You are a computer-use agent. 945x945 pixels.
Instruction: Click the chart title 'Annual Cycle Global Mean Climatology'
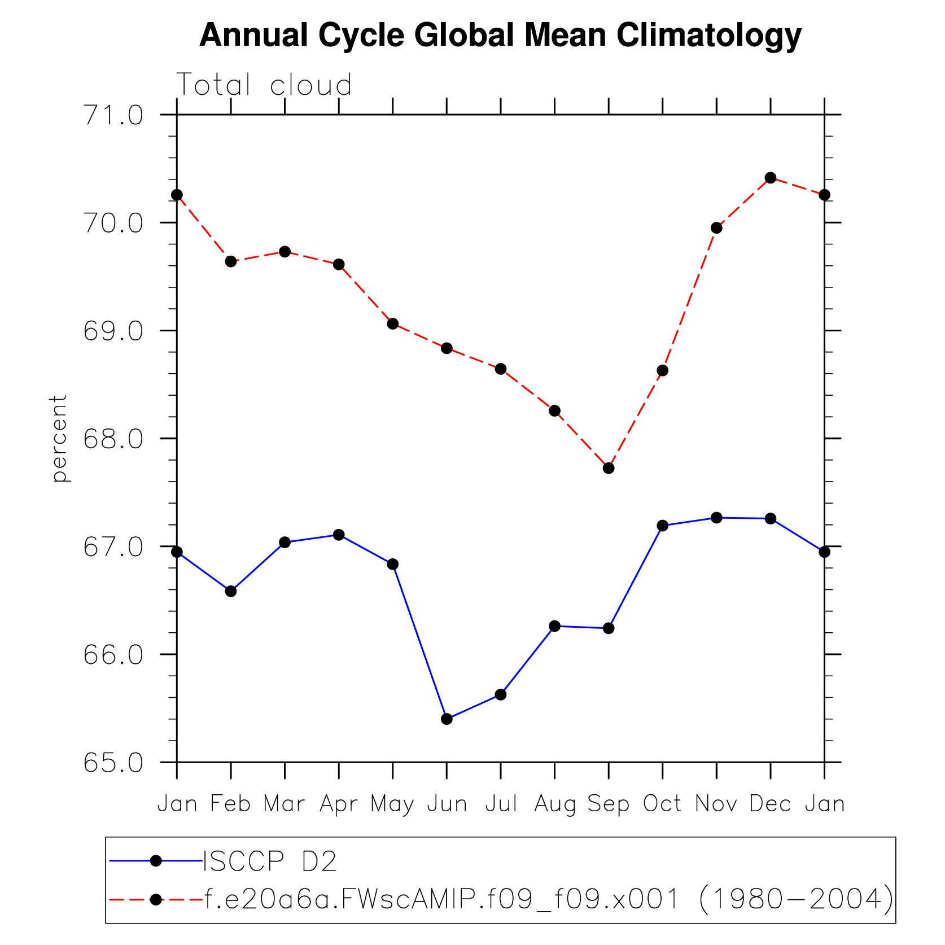coord(500,35)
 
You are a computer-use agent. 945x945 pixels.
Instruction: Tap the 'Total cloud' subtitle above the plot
coord(264,85)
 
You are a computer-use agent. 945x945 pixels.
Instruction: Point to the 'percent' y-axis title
coord(59,438)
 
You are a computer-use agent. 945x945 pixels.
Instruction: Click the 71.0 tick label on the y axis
coord(113,115)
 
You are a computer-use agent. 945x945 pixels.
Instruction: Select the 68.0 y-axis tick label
coord(113,439)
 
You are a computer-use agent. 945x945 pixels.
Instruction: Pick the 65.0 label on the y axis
coord(113,763)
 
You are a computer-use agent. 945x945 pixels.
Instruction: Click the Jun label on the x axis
coord(447,803)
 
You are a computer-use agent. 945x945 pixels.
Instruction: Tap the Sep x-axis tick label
coord(608,803)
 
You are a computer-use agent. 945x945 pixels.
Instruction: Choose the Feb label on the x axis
coord(230,803)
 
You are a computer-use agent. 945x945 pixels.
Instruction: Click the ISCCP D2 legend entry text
coord(270,861)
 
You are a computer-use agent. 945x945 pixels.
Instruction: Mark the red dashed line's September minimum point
coord(609,468)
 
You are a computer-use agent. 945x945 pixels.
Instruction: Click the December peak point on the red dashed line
coord(771,178)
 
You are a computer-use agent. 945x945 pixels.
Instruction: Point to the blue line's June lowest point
coord(447,719)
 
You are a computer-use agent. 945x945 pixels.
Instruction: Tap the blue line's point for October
coord(663,526)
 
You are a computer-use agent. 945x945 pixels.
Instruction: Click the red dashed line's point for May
coord(393,323)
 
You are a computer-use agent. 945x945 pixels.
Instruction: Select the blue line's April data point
coord(339,535)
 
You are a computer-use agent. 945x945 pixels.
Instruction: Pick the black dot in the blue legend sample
coord(156,861)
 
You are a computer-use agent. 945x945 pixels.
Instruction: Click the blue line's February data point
coord(231,591)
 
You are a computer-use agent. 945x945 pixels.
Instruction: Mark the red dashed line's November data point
coord(716,228)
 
